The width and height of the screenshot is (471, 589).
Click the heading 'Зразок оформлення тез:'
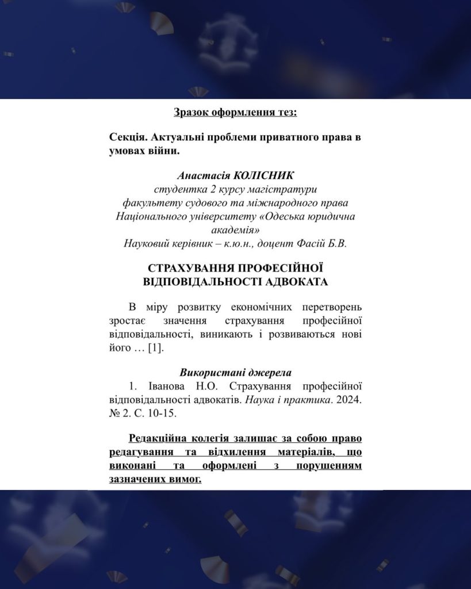coord(235,112)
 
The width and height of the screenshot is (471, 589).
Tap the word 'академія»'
coord(235,230)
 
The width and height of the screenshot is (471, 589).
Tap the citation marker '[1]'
coord(155,349)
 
